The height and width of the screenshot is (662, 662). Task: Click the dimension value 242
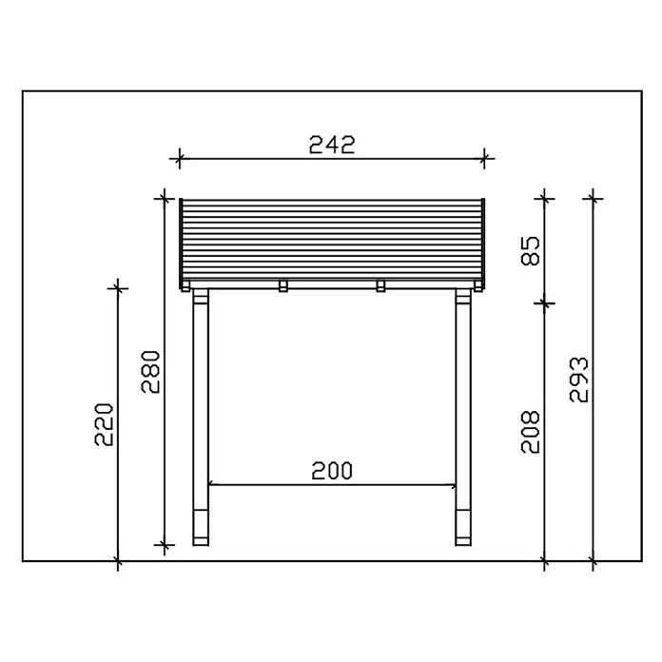(332, 145)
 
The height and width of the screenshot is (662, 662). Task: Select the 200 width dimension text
(332, 471)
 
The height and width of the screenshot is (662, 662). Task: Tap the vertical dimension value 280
(150, 372)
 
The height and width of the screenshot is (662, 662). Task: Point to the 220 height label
(104, 425)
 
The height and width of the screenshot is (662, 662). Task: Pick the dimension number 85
(531, 251)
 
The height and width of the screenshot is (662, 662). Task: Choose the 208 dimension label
(531, 432)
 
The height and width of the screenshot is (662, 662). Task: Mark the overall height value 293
(579, 380)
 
